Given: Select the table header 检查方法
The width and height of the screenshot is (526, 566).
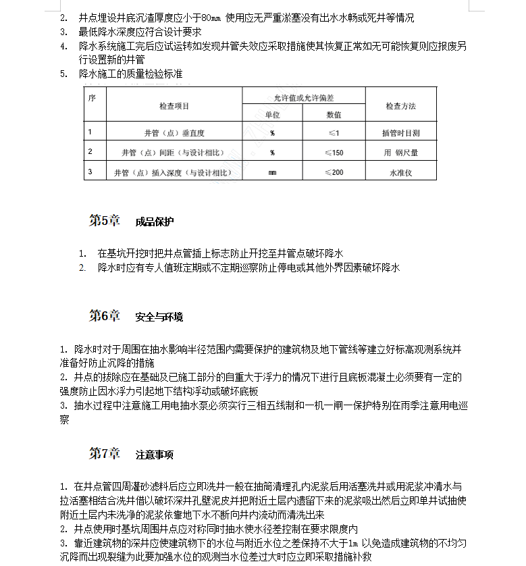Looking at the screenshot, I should coord(400,106).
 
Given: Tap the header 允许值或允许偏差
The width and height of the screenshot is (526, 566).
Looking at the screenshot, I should coord(304,98).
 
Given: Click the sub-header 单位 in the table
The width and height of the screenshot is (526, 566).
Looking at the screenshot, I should coord(272,115).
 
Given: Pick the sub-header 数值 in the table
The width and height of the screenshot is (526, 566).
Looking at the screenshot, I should coord(334,115).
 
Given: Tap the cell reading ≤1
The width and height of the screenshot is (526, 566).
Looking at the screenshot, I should coord(334,133).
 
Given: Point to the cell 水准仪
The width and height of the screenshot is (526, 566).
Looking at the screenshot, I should coord(400,173).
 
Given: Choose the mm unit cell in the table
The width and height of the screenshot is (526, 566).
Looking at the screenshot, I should coord(272,173).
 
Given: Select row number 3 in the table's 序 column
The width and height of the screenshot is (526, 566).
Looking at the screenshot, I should coord(90,172).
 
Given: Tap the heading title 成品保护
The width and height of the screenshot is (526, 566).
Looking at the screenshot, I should coord(154,222).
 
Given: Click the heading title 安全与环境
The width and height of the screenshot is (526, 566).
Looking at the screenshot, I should coord(159,316).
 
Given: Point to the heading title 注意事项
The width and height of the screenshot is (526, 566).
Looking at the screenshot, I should coord(154,455).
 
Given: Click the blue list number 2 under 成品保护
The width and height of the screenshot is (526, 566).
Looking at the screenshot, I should coord(82,267).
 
